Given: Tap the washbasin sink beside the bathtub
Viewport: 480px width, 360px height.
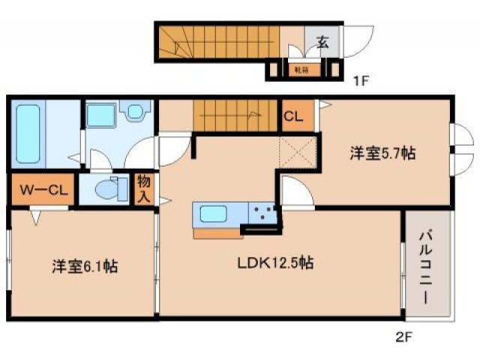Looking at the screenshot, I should [x=136, y=112].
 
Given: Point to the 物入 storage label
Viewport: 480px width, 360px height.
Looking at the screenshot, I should [x=143, y=189].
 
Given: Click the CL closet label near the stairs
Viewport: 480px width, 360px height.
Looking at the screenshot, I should [x=293, y=116].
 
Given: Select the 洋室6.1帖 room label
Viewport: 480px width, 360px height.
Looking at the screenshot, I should [x=83, y=265].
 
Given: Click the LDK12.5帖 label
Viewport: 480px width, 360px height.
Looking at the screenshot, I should [x=276, y=263].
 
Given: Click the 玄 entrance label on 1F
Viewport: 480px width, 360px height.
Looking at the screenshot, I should [x=322, y=42].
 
